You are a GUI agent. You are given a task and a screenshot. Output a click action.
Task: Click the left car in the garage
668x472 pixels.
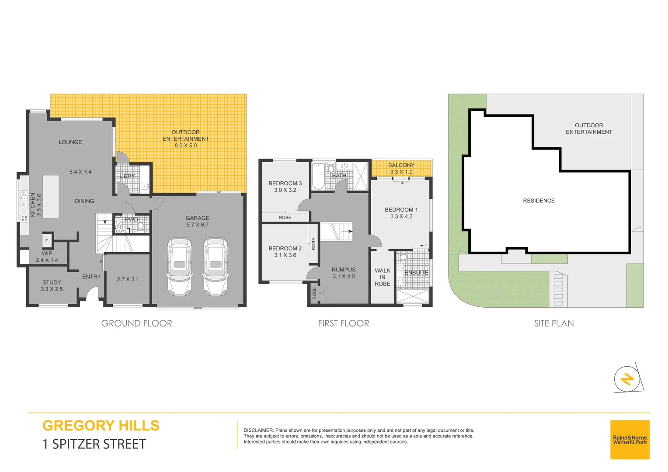click(179, 267)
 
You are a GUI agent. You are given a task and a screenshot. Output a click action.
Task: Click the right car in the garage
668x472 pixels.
click(215, 267)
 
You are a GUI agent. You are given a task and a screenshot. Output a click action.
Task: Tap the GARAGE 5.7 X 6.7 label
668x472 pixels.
click(197, 221)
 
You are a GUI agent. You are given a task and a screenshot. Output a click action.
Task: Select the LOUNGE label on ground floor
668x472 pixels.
click(70, 142)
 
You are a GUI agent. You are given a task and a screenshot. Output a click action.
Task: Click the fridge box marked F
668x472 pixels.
click(47, 241)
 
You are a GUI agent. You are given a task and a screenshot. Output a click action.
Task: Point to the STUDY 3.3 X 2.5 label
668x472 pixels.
click(52, 285)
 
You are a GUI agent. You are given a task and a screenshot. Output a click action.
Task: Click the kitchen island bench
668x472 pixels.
click(51, 197)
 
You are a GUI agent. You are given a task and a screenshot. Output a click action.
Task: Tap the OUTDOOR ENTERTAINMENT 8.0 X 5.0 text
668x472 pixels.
click(185, 139)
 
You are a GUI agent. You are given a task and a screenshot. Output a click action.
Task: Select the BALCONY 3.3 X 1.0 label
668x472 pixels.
click(401, 168)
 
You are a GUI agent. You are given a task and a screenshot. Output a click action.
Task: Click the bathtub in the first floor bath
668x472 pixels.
click(318, 177)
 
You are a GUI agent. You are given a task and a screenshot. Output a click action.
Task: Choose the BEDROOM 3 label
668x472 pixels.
click(285, 186)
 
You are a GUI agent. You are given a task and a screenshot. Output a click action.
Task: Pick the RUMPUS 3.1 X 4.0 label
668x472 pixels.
click(344, 273)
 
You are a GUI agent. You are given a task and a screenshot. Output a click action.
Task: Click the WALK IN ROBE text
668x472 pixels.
click(382, 277)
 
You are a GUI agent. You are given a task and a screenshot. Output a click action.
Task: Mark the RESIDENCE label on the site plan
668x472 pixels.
click(539, 201)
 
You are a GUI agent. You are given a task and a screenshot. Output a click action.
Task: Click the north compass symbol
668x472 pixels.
click(627, 378)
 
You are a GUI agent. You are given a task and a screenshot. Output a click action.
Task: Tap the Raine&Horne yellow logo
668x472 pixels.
click(630, 439)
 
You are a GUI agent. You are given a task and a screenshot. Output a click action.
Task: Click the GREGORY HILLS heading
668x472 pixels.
click(101, 426)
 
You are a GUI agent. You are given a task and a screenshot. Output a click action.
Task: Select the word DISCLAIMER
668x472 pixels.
click(258, 430)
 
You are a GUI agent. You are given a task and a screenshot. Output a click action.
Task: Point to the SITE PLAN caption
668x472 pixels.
click(553, 323)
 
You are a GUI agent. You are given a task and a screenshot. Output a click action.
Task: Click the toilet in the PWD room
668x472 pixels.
click(140, 226)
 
